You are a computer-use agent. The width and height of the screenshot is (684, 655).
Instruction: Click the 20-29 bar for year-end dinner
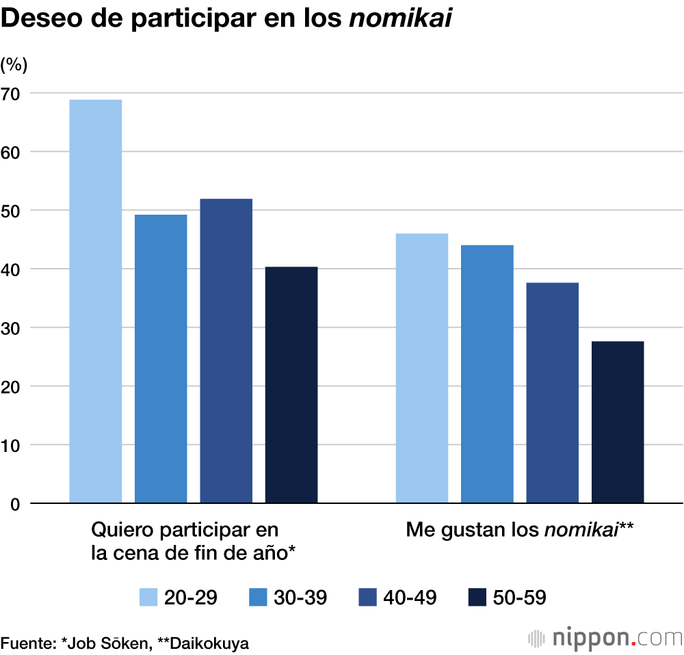[96, 301]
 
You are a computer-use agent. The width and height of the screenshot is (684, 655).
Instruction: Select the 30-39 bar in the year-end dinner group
[161, 359]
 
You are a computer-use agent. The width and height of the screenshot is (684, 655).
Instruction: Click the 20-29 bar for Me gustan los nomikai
[422, 369]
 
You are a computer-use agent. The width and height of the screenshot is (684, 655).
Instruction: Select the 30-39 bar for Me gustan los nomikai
[487, 374]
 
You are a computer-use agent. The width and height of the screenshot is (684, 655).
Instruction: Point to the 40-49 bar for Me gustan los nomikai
[552, 393]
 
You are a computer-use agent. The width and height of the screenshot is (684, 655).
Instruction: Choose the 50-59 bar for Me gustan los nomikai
[618, 422]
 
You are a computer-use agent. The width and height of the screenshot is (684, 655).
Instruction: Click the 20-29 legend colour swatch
[148, 597]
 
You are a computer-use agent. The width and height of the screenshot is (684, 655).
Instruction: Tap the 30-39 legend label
[300, 597]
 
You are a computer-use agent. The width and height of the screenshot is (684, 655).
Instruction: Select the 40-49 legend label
[410, 597]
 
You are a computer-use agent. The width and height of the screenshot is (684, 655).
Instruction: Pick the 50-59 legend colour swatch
[477, 597]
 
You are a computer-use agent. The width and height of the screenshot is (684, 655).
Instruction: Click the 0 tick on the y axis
[15, 504]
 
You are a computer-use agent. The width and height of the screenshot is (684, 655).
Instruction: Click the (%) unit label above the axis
[14, 65]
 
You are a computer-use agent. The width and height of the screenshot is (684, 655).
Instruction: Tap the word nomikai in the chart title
[401, 19]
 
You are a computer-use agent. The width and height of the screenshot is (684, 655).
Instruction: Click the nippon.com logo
[605, 637]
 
